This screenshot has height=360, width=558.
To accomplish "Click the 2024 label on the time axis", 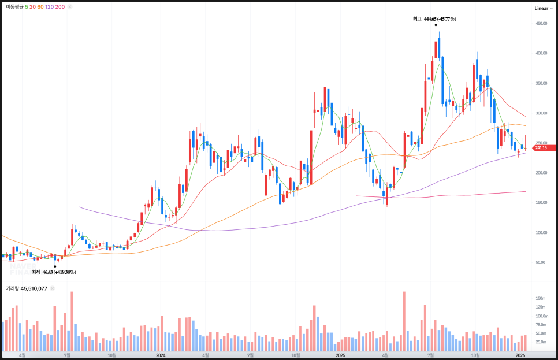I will pyautogui.click(x=161, y=355).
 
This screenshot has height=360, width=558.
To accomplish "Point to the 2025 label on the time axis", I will pyautogui.click(x=340, y=355).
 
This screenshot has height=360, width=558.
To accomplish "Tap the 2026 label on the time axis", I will pyautogui.click(x=520, y=355).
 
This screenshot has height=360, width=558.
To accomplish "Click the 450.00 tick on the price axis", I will pyautogui.click(x=541, y=24).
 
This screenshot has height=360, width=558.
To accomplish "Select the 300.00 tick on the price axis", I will pyautogui.click(x=541, y=113).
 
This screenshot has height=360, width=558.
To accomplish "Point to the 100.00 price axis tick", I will pyautogui.click(x=541, y=233).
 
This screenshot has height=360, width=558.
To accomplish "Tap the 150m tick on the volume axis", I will pyautogui.click(x=541, y=298).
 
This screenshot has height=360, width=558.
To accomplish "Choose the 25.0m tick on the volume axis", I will pyautogui.click(x=541, y=342).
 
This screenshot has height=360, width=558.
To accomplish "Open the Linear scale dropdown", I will pyautogui.click(x=543, y=8).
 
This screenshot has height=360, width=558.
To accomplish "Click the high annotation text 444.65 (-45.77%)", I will pyautogui.click(x=440, y=19).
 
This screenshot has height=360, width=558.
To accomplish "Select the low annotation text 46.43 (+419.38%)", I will pyautogui.click(x=58, y=272).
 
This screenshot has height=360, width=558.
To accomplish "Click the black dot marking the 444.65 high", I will pyautogui.click(x=436, y=26).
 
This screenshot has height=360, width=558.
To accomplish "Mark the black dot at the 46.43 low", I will pyautogui.click(x=55, y=266).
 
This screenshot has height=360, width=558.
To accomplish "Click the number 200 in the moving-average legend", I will pyautogui.click(x=60, y=7).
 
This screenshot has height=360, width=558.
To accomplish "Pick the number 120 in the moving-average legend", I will pyautogui.click(x=49, y=7).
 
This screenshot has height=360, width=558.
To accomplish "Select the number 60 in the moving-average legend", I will pyautogui.click(x=40, y=7).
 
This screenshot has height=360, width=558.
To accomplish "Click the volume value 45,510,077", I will pyautogui.click(x=34, y=288).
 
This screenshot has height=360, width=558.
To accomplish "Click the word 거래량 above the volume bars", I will pyautogui.click(x=12, y=288).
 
